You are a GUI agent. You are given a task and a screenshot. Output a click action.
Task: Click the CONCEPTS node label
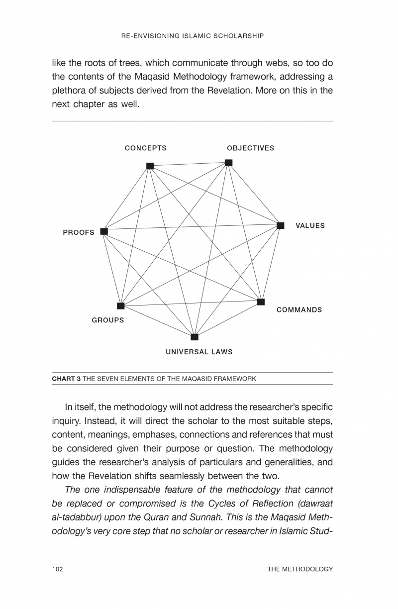click(x=145, y=148)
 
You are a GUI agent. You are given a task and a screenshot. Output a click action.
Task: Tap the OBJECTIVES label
click(x=250, y=148)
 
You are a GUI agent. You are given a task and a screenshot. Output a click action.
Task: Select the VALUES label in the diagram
click(x=310, y=226)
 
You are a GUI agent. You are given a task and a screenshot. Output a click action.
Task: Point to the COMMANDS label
click(x=299, y=310)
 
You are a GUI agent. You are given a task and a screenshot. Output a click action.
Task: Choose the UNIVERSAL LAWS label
click(x=199, y=352)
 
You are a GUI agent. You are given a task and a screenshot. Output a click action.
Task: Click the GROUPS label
click(x=108, y=320)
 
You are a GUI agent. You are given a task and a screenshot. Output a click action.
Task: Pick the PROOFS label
click(x=79, y=232)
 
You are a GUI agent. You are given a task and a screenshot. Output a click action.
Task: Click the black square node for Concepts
click(x=150, y=166)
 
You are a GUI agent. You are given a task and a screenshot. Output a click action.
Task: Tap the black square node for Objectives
click(x=228, y=163)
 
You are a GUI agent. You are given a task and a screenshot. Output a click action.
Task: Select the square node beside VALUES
click(x=280, y=225)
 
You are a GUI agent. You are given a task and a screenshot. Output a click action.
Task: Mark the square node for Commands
click(x=261, y=302)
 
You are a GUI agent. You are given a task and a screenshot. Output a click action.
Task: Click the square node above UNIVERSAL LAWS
click(x=195, y=337)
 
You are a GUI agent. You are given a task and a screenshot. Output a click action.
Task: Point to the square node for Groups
click(x=120, y=305)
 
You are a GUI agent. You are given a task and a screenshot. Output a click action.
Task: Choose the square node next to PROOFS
click(x=104, y=231)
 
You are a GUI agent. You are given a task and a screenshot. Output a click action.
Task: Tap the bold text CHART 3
click(x=66, y=379)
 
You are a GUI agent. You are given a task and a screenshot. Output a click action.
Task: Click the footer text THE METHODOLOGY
click(x=299, y=569)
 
